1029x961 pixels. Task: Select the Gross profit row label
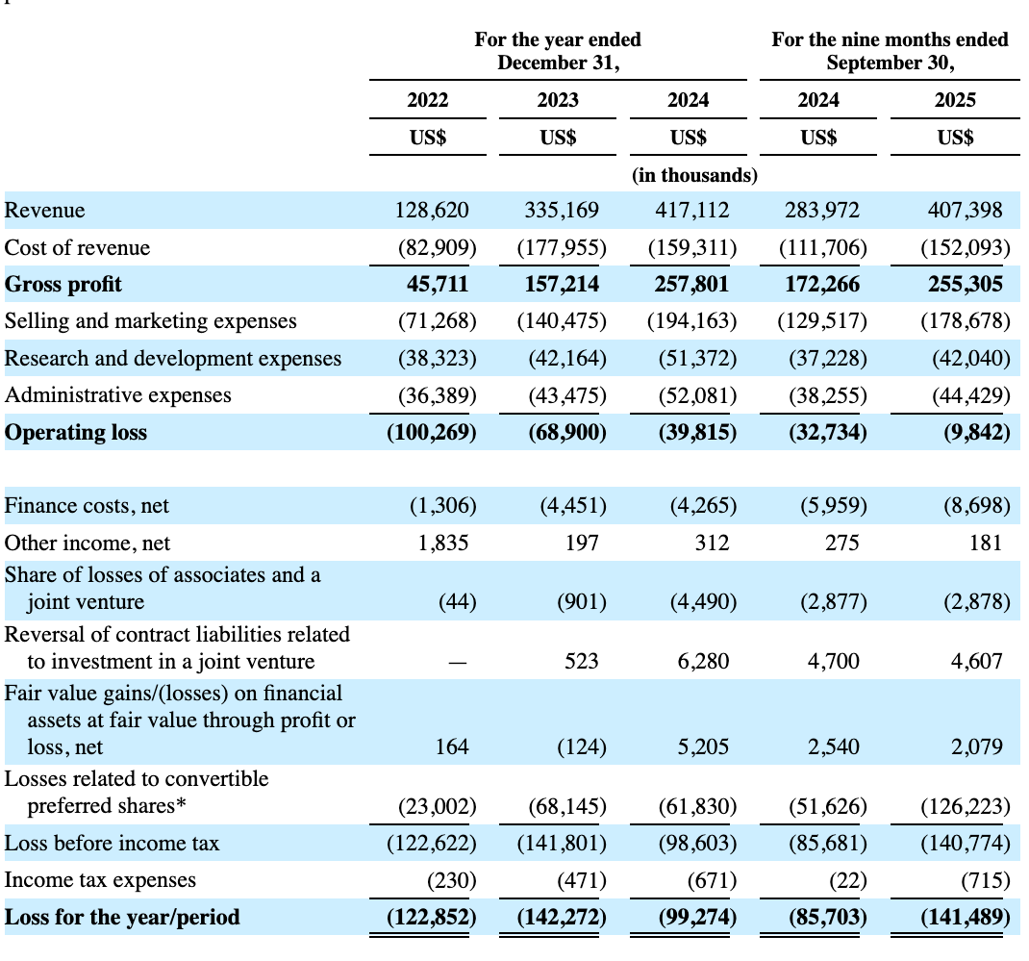pos(63,285)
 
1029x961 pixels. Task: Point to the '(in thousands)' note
pos(694,176)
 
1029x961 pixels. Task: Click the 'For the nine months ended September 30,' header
pos(890,52)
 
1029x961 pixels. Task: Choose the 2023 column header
pos(558,100)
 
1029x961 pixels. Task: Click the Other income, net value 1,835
pos(443,543)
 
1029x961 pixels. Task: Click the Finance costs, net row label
pos(88,505)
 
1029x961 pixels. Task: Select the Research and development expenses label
pos(173,359)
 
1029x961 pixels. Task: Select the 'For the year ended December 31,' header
pos(558,52)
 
